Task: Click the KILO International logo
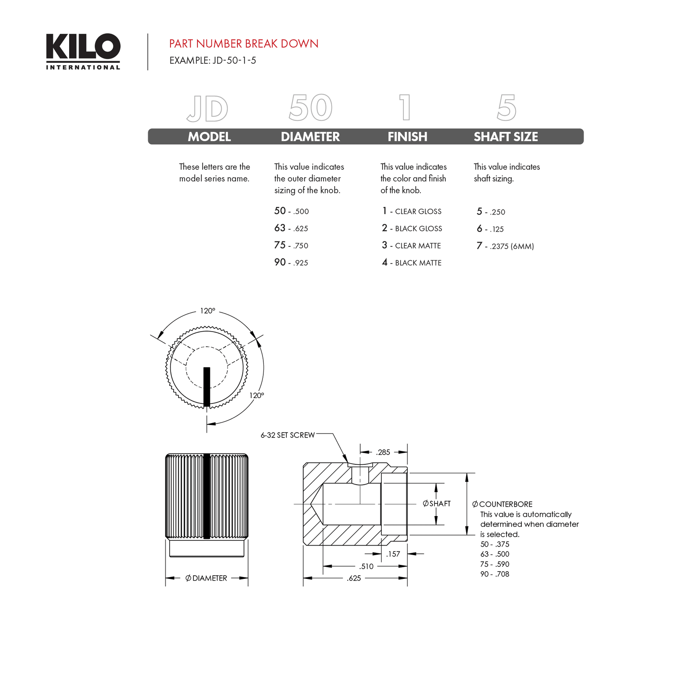[x=83, y=51]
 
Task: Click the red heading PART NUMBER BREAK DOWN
[x=244, y=44]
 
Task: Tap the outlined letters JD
[x=208, y=109]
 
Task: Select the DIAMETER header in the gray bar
[x=310, y=136]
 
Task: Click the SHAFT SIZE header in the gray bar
[x=506, y=136]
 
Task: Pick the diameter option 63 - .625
[x=291, y=228]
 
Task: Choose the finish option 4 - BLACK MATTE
[x=412, y=263]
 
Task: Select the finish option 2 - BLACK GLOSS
[x=412, y=228]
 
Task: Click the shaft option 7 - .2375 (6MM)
[x=505, y=246]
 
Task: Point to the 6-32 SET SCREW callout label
[x=288, y=435]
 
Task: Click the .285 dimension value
[x=383, y=452]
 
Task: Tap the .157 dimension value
[x=393, y=554]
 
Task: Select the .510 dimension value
[x=367, y=566]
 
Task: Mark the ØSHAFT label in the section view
[x=437, y=503]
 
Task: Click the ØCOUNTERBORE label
[x=503, y=504]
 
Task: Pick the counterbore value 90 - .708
[x=495, y=574]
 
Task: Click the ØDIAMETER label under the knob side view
[x=206, y=578]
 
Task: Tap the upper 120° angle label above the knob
[x=207, y=311]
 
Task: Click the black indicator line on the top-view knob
[x=207, y=386]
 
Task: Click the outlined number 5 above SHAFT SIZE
[x=507, y=108]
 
